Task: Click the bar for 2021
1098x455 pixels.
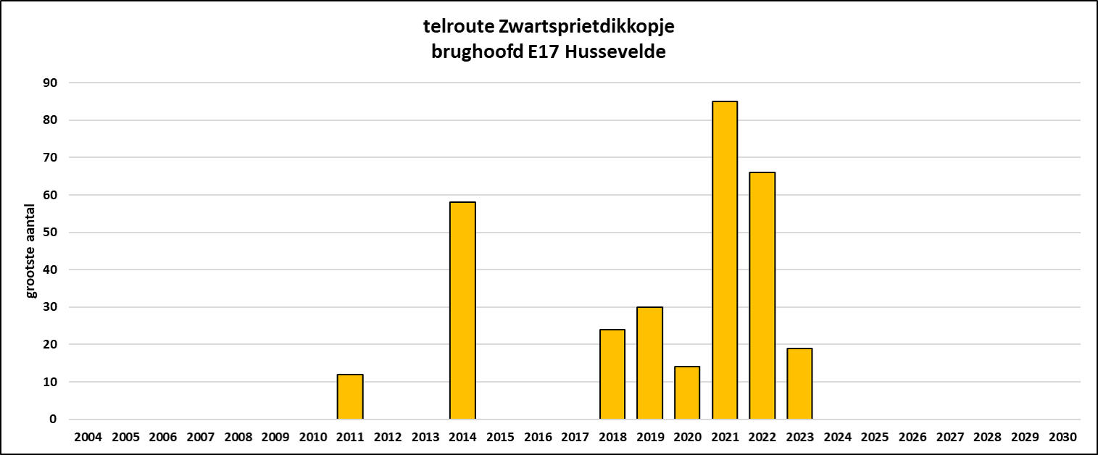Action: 725,260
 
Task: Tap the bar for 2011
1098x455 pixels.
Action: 350,396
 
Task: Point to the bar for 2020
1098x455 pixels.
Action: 687,393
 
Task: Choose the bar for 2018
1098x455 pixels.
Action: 612,374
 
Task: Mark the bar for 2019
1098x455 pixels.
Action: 649,363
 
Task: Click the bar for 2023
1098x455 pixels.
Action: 799,383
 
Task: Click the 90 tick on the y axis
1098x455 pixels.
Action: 50,83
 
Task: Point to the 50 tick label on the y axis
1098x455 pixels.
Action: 50,233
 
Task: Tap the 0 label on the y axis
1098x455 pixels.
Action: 53,419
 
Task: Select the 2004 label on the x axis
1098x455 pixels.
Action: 88,438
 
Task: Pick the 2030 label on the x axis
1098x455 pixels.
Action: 1062,438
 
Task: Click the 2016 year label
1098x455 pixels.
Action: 537,438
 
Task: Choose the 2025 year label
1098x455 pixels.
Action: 875,438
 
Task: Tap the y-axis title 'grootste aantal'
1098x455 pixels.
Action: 31,251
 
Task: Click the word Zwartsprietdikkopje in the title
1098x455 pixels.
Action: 587,28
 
